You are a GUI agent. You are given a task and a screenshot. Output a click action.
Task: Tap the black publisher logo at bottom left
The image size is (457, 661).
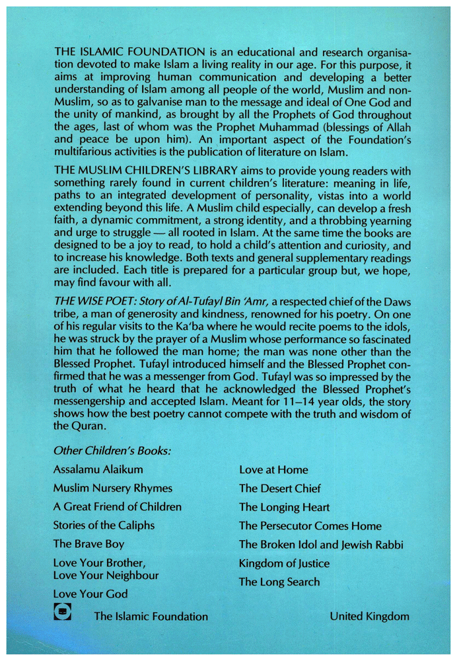coord(63,613)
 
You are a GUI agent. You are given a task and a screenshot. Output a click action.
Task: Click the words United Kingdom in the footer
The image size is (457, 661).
coord(369,616)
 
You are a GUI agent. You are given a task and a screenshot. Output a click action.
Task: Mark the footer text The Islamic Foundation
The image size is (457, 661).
coord(151,616)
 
